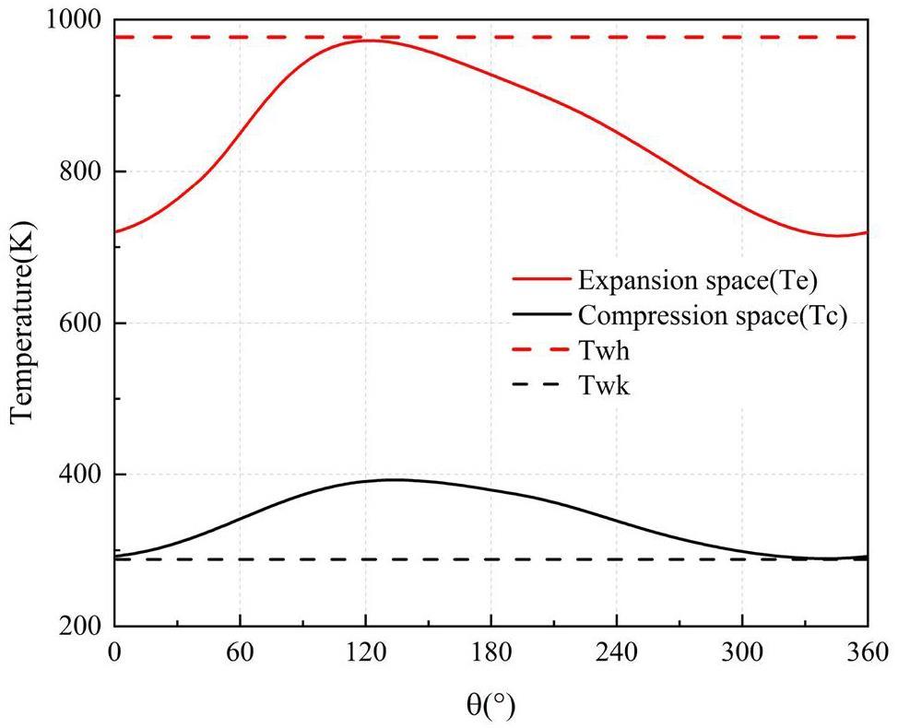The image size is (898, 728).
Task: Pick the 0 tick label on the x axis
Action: (114, 652)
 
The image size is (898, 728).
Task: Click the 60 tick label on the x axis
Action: (240, 652)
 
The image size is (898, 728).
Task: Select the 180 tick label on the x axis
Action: (491, 652)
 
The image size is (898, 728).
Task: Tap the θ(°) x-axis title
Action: (490, 706)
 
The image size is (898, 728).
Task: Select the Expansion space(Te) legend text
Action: (692, 277)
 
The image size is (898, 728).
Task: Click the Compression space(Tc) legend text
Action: (713, 314)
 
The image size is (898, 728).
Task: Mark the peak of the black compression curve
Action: (396, 479)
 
